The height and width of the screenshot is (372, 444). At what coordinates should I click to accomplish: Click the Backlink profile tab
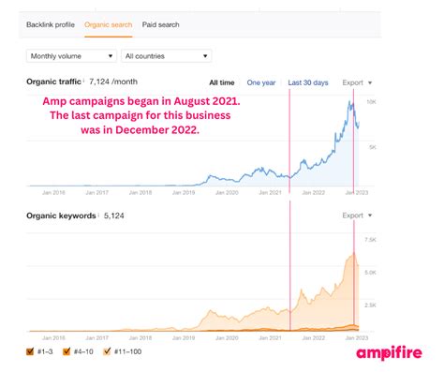[52, 24]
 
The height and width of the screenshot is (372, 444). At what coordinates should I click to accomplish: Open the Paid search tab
[160, 24]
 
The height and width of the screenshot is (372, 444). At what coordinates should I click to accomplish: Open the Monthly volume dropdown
[74, 56]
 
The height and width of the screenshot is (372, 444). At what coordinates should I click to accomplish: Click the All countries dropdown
[166, 56]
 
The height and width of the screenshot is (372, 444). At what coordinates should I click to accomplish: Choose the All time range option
[221, 82]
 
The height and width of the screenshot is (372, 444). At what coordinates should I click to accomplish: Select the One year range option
[261, 82]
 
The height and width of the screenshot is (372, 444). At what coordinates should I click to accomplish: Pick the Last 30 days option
[309, 82]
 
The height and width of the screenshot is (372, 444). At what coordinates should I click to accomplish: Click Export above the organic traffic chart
[357, 82]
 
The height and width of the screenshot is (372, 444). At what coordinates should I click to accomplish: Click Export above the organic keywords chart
[357, 216]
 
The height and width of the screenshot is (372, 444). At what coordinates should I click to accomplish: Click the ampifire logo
[389, 352]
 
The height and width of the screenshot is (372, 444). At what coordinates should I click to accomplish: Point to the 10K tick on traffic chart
[371, 100]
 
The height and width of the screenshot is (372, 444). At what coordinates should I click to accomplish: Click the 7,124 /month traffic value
[119, 82]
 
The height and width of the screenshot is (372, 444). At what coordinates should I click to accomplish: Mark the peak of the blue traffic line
[350, 102]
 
